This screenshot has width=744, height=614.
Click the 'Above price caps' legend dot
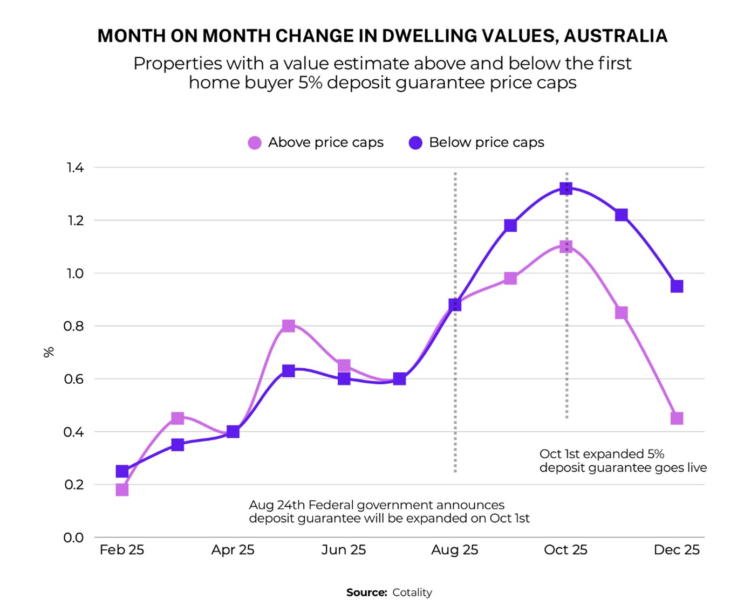pos(254,143)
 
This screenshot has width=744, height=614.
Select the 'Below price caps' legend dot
pos(415,143)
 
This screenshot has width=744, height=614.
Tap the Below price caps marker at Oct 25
pos(565,189)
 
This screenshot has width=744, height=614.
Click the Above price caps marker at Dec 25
pos(677,418)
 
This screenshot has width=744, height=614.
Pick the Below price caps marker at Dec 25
pos(677,286)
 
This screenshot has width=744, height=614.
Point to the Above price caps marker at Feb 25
pos(122,489)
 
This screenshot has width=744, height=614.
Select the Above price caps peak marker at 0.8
pos(289,326)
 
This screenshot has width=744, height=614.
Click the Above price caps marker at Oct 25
pos(565,247)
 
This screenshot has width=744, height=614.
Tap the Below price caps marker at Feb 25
pos(122,471)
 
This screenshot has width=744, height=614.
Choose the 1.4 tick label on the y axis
pos(75,168)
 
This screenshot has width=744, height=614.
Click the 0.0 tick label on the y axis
pos(73,537)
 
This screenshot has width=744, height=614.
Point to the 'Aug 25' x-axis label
pos(454,550)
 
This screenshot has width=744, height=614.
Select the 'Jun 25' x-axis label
pos(343,550)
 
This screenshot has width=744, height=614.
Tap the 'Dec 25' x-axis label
pos(676,550)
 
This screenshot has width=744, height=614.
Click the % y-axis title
pos(49,352)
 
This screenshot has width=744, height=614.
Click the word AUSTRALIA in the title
pos(616,36)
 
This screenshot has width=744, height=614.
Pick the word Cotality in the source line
pos(412,592)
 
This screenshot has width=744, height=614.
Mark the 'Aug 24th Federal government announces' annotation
pos(377,505)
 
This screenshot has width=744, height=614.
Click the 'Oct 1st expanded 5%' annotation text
pos(602,454)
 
